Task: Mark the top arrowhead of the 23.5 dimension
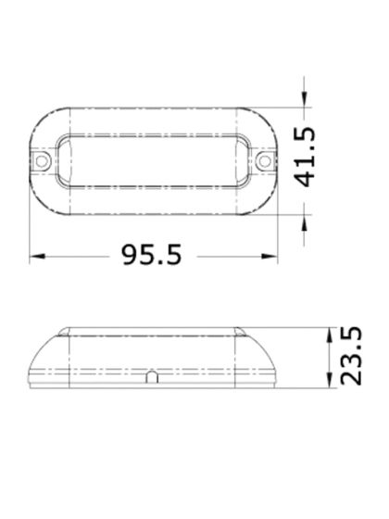[x=331, y=333]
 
